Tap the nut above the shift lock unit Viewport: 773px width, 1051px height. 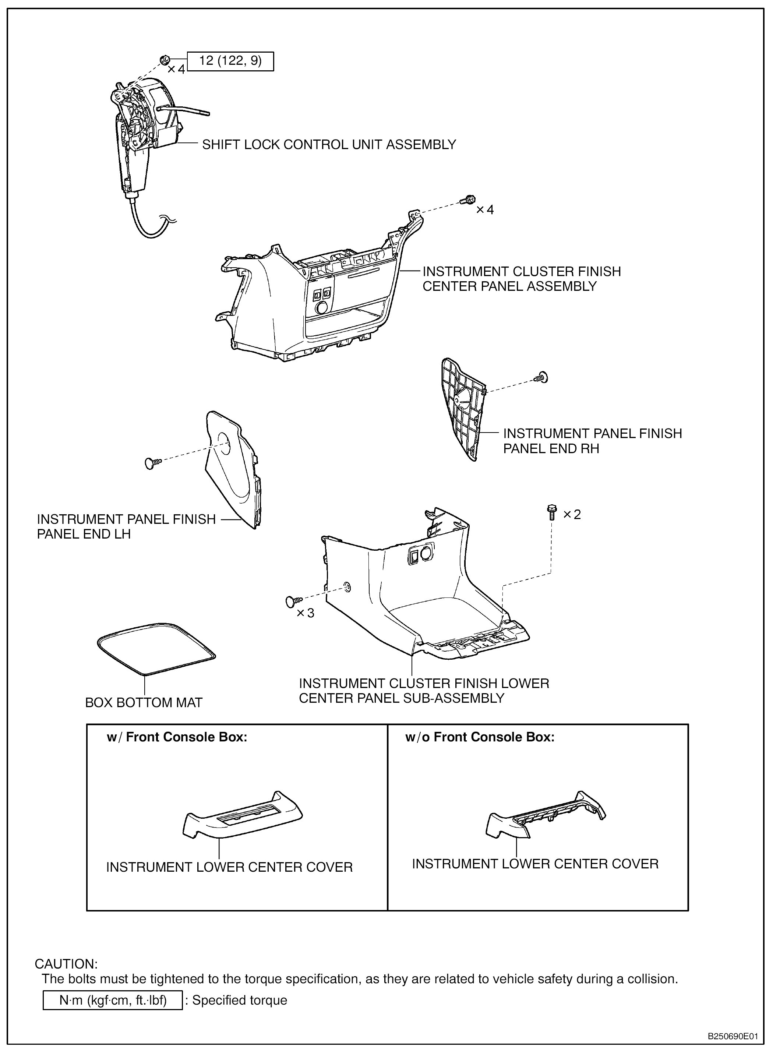[x=164, y=60]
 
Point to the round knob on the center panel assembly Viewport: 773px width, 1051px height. [x=321, y=307]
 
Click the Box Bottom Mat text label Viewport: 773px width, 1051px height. [x=144, y=702]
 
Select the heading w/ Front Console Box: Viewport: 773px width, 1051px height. [x=177, y=737]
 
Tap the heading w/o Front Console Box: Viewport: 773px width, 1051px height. [x=480, y=737]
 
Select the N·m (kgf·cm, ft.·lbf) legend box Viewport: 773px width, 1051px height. [x=113, y=1000]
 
